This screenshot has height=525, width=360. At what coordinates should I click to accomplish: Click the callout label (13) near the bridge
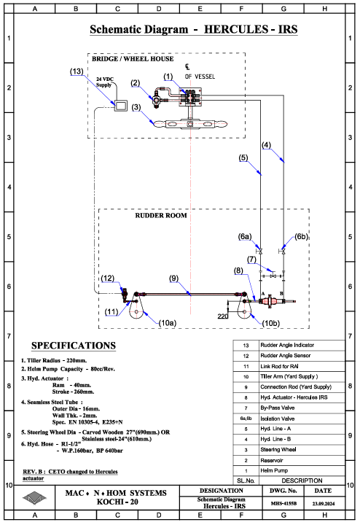77,71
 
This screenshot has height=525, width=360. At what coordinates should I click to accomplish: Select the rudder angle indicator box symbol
121,106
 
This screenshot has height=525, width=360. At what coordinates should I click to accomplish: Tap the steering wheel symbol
190,124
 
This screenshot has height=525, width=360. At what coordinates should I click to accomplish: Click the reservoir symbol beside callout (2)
157,99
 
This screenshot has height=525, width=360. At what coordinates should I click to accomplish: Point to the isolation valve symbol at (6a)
259,251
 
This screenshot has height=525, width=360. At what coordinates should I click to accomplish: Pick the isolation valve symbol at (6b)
283,251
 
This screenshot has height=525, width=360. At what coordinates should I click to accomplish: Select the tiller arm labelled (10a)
136,306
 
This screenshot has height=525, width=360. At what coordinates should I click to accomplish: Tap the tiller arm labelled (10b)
244,306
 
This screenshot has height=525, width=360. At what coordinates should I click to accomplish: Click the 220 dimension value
223,316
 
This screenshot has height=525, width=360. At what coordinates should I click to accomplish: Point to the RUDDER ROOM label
161,216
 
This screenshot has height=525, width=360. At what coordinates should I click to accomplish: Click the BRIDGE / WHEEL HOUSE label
133,59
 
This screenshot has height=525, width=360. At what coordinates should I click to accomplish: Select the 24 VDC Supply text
105,82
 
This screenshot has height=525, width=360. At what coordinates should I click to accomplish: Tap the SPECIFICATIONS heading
74,346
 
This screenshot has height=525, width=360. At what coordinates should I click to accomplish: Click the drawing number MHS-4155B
283,503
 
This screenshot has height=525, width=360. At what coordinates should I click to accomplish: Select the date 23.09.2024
324,503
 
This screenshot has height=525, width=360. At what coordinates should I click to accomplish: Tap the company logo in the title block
34,498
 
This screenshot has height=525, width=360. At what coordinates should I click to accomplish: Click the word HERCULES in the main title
236,29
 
